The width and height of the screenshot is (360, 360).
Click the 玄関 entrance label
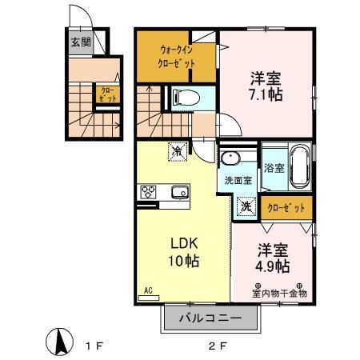[80, 43]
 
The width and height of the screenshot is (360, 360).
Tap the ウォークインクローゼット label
[175, 55]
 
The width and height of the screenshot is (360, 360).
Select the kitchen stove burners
[150, 191]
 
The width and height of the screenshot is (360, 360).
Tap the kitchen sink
[178, 191]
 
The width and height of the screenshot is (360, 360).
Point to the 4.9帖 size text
[274, 265]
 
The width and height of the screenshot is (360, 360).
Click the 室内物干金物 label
[280, 293]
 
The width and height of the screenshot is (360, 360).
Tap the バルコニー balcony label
[212, 318]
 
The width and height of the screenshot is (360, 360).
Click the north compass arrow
[58, 343]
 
